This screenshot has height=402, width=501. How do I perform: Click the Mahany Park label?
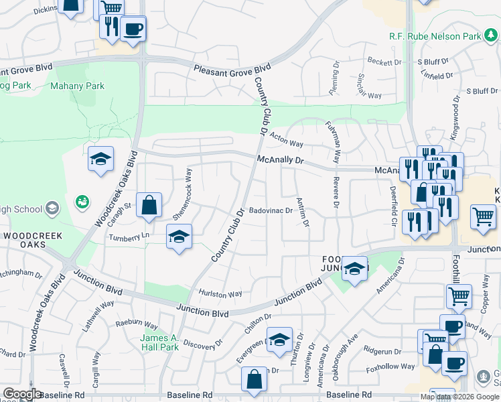tap(78, 86)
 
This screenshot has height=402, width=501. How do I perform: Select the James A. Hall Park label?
tap(159, 342)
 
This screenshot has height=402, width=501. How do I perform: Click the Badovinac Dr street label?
tap(271, 210)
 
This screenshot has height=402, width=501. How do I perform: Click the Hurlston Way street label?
tap(220, 293)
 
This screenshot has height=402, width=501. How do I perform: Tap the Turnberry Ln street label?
tap(130, 236)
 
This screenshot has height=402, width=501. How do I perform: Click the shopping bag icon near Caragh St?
tap(149, 205)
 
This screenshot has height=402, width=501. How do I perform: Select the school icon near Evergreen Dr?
tap(279, 338)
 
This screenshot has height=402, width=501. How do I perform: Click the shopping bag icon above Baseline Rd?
tap(255, 379)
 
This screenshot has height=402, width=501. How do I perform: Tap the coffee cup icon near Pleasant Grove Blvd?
tap(133, 29)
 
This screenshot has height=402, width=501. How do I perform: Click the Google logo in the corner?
tap(21, 394)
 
